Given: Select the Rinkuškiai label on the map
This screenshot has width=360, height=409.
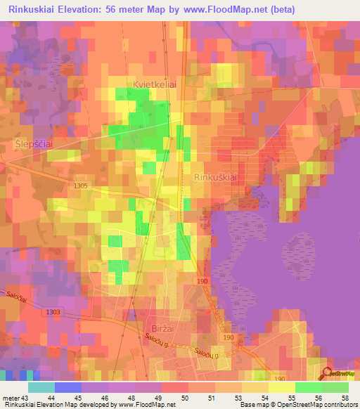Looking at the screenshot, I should point(213,178).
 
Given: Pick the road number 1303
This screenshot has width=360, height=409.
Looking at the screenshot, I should point(51,312).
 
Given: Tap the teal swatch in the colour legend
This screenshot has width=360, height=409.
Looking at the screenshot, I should point(41,387).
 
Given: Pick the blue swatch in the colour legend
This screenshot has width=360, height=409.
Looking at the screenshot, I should point(67,387).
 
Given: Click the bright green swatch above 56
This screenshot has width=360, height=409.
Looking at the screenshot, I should point(308,387).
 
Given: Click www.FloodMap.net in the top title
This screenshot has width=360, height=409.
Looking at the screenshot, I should point(236,9).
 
